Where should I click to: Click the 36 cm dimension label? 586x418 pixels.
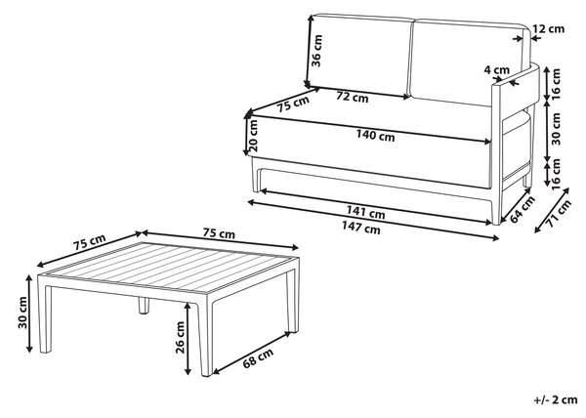tap(316, 51)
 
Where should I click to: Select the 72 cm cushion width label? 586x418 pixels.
tap(352, 97)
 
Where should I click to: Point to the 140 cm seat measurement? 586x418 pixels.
tap(375, 135)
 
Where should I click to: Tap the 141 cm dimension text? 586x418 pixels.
tap(365, 212)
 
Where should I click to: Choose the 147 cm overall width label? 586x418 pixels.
tap(361, 228)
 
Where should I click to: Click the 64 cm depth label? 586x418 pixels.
tap(523, 210)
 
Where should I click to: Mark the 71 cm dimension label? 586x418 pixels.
tap(559, 214)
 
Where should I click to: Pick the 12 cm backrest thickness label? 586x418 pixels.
tap(548, 28)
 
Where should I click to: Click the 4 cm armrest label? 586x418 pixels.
tap(497, 70)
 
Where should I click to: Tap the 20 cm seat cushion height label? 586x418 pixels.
tap(253, 135)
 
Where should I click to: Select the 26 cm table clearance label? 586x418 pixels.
tap(180, 337)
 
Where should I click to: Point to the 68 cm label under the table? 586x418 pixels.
tap(258, 357)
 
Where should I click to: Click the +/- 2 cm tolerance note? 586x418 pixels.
tap(556, 399)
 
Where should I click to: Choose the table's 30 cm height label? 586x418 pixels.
tap(22, 313)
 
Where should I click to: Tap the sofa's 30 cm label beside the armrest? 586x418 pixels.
tap(556, 129)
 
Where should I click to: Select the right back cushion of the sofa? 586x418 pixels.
tap(470, 62)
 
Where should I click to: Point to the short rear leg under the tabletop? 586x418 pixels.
tap(144, 305)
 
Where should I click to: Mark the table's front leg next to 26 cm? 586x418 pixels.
tap(205, 334)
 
